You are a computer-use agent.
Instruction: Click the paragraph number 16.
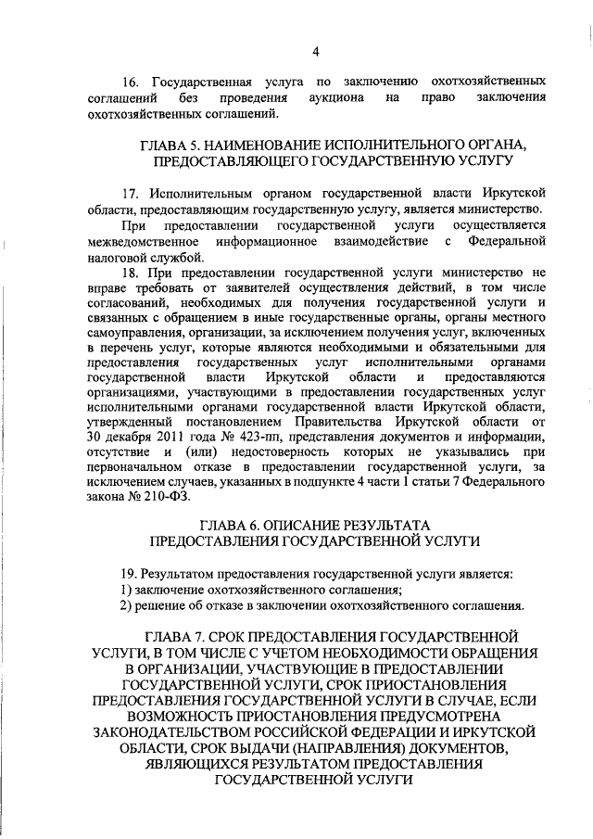coord(131,81)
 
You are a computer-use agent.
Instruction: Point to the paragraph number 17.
coord(131,192)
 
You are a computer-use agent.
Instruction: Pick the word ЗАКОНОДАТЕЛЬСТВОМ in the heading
coord(189,733)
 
